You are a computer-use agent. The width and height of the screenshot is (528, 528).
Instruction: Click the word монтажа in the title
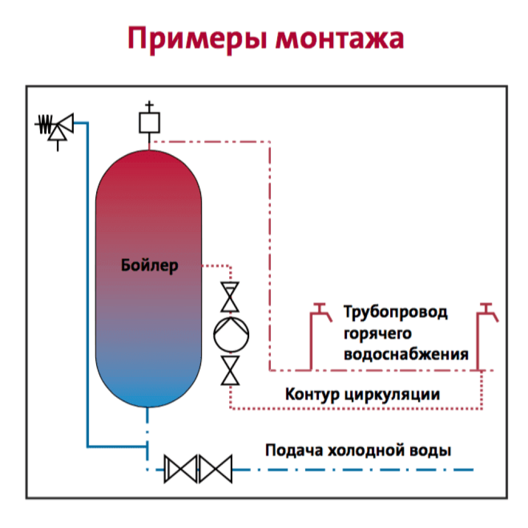pyautogui.click(x=340, y=39)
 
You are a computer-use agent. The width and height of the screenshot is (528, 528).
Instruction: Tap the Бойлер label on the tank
pyautogui.click(x=149, y=266)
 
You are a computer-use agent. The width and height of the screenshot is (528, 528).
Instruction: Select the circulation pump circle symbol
pyautogui.click(x=231, y=334)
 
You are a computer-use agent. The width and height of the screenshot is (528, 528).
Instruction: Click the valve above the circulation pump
pyautogui.click(x=230, y=297)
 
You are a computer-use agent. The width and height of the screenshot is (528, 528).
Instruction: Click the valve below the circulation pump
pyautogui.click(x=230, y=370)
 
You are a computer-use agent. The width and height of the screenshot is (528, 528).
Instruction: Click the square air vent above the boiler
pyautogui.click(x=149, y=122)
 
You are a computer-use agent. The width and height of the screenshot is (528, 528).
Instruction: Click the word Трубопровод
pyautogui.click(x=395, y=312)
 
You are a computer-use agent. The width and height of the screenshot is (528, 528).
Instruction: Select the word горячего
pyautogui.click(x=378, y=334)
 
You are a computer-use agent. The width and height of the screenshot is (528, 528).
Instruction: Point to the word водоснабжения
pyautogui.click(x=406, y=354)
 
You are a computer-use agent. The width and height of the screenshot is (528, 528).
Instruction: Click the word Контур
pyautogui.click(x=312, y=394)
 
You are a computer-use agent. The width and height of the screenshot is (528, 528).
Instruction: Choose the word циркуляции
pyautogui.click(x=392, y=394)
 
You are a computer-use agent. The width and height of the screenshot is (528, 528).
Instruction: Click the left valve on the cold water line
pyautogui.click(x=181, y=469)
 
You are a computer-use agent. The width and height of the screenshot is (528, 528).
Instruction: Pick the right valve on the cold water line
pyautogui.click(x=215, y=469)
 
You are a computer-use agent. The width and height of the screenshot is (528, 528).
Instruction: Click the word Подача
pyautogui.click(x=294, y=450)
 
